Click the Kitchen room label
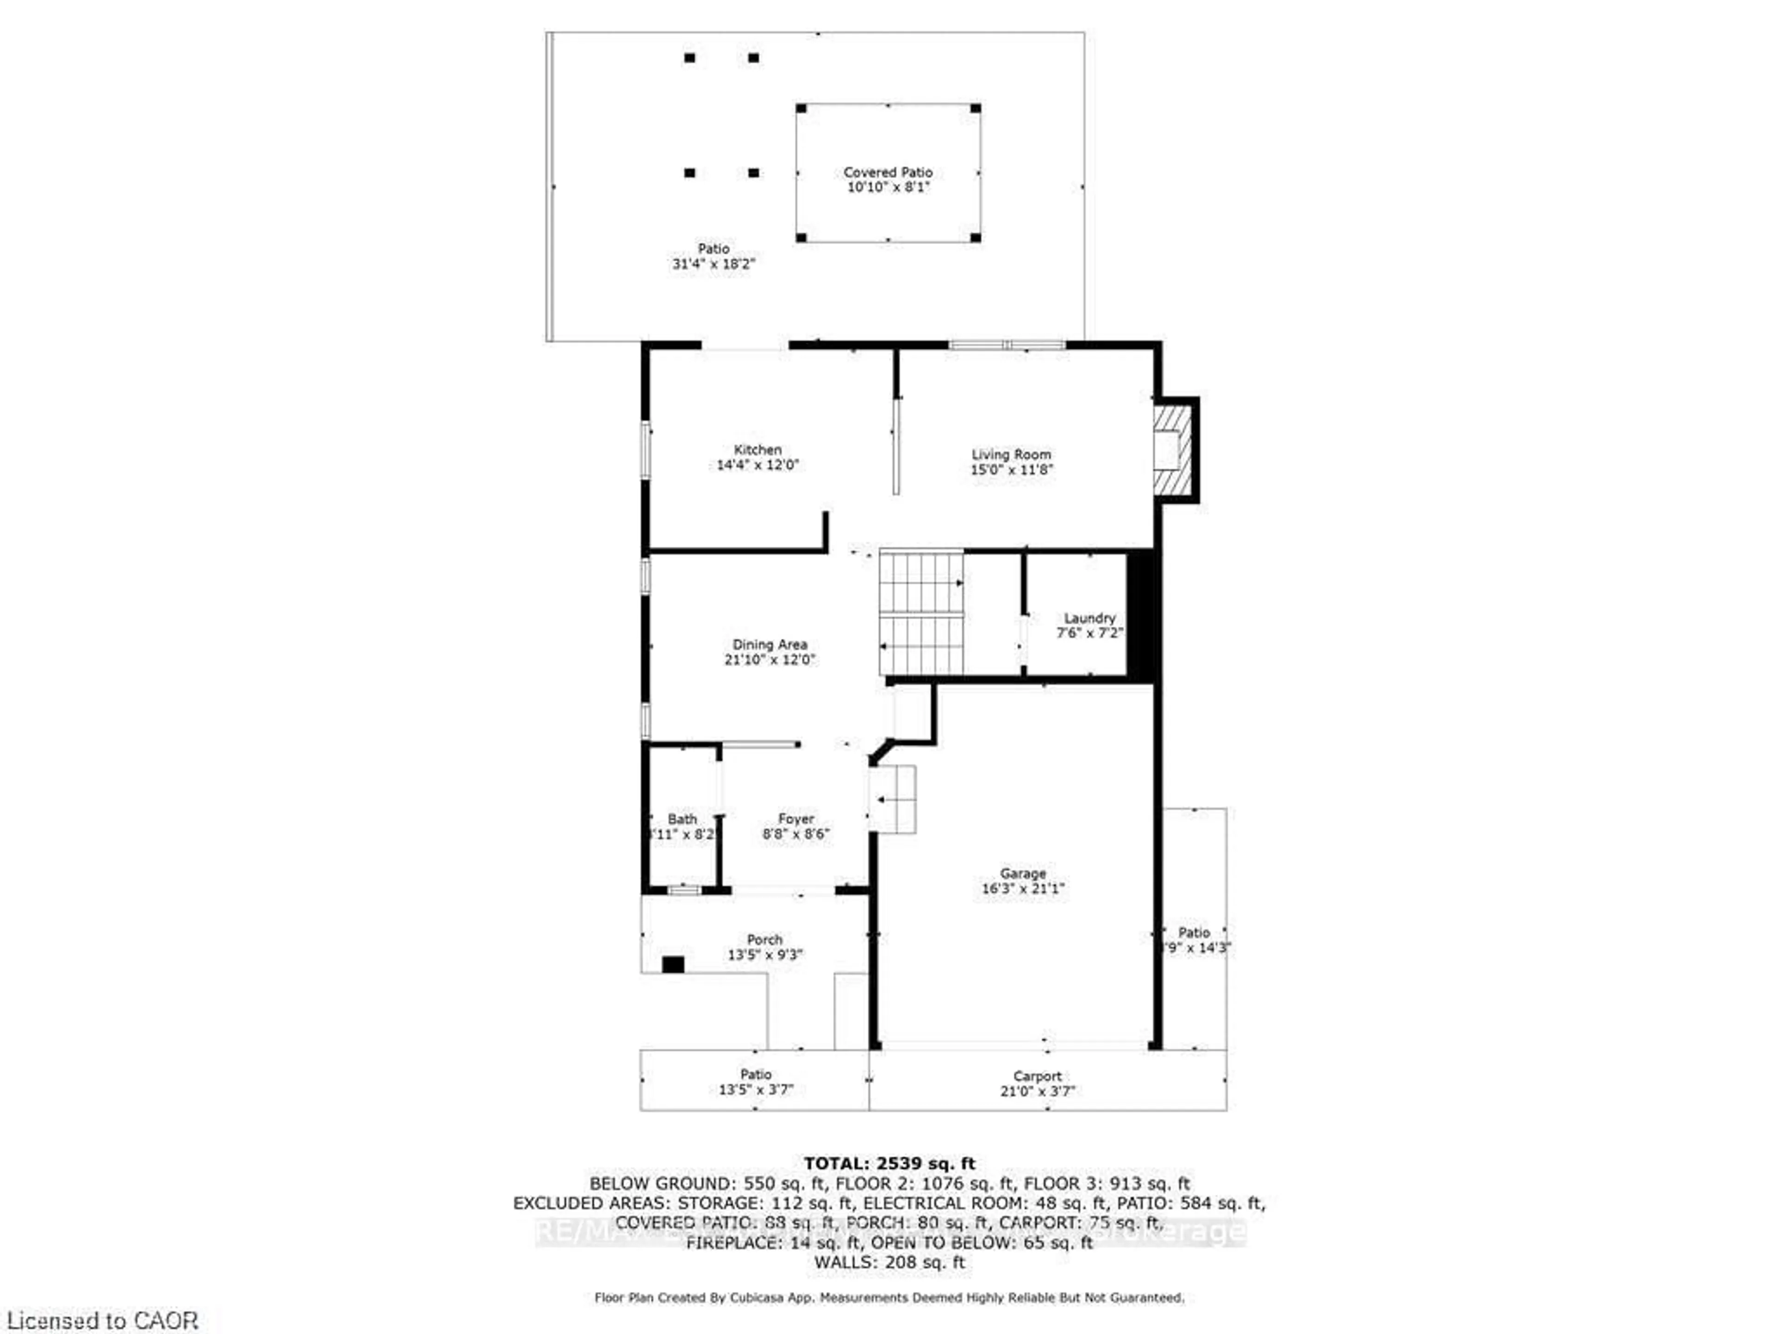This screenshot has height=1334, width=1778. (x=757, y=449)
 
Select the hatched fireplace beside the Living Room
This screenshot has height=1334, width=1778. (x=1173, y=449)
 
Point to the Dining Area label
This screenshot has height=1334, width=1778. (x=769, y=644)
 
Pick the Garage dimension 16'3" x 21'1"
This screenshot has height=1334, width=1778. (x=1022, y=888)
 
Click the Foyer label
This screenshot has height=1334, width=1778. (x=796, y=818)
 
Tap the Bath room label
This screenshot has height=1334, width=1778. (x=682, y=818)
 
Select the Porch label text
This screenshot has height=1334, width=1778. (x=764, y=939)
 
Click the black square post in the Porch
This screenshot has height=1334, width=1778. (x=673, y=964)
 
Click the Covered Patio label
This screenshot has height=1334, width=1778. (x=888, y=172)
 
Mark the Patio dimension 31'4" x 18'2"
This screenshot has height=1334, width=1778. (x=714, y=264)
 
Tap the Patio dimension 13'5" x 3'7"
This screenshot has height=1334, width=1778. (x=756, y=1089)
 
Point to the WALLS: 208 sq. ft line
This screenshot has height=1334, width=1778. (x=889, y=1262)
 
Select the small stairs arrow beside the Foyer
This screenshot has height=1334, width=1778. (x=882, y=800)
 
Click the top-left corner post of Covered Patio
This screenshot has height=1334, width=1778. (x=801, y=108)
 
